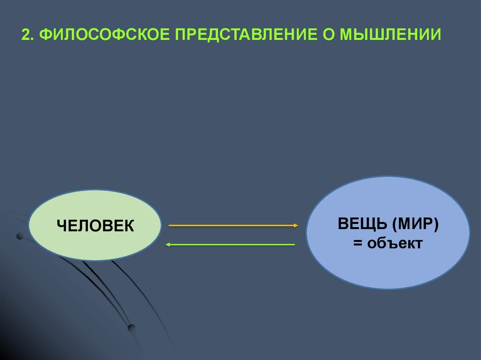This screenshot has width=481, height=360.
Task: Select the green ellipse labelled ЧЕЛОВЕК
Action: (94, 244)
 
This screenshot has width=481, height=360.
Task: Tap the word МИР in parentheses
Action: (414, 224)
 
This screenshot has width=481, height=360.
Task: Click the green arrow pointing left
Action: (230, 245)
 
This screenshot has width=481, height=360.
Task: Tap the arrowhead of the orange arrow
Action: (296, 226)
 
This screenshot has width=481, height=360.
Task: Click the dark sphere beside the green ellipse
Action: (20, 236)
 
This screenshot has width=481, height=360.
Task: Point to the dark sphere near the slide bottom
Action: (132, 327)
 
